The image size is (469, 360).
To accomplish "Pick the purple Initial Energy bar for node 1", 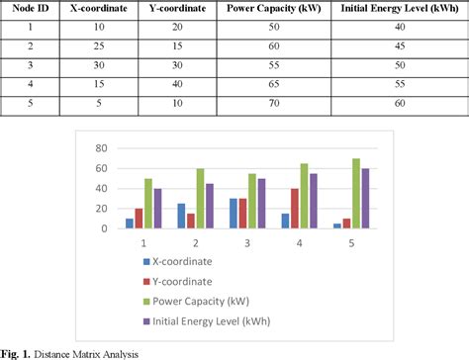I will coord(157,208).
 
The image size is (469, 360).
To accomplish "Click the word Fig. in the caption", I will coord(13,352).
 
